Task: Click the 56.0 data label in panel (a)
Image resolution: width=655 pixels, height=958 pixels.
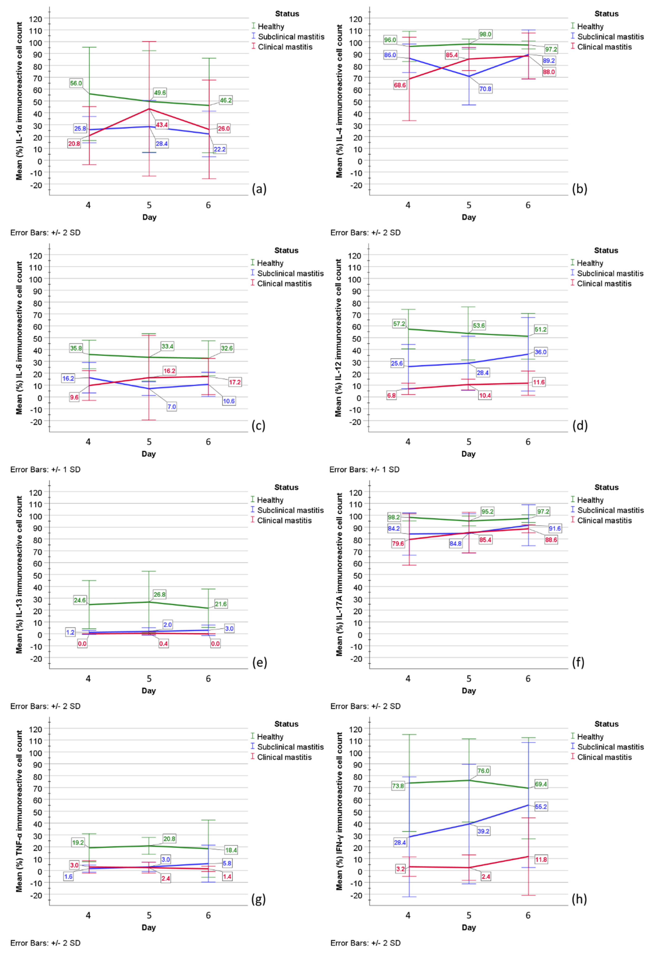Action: tap(76, 83)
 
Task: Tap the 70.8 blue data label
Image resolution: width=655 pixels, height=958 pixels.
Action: tap(485, 89)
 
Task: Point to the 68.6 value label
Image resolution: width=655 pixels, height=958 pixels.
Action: tap(400, 85)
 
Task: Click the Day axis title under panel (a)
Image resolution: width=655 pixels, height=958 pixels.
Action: tap(149, 217)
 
